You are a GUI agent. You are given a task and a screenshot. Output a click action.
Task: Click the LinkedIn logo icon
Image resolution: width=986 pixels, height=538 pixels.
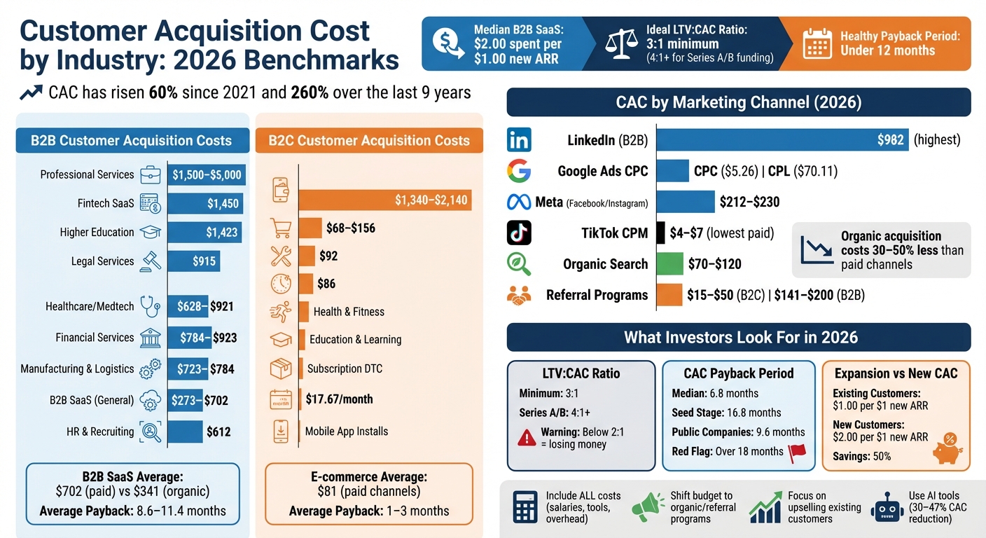tap(519, 140)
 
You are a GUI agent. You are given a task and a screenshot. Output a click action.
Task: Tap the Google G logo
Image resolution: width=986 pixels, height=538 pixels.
tap(519, 171)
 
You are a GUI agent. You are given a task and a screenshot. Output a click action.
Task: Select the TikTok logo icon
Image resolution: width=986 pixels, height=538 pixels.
tap(519, 233)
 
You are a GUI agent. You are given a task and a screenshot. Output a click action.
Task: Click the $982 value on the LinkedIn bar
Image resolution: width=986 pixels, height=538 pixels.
tap(890, 140)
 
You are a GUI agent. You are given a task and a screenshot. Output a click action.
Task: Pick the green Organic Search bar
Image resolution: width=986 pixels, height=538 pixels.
tap(669, 264)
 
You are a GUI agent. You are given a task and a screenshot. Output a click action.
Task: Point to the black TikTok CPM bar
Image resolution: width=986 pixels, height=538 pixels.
tap(660, 233)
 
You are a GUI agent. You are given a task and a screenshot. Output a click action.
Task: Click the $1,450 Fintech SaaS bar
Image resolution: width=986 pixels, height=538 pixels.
tap(204, 204)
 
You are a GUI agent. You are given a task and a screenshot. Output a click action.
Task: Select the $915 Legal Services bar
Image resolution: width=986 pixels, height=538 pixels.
tap(193, 261)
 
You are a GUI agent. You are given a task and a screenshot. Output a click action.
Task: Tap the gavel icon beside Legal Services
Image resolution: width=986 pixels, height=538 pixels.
tap(151, 261)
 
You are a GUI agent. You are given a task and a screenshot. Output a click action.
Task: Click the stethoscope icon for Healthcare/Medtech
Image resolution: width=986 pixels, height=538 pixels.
tap(151, 306)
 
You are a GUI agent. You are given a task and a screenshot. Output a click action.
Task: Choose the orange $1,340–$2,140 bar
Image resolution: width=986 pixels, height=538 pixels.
tap(385, 201)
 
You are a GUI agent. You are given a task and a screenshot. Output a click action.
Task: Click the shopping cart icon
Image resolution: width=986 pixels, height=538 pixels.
tap(281, 228)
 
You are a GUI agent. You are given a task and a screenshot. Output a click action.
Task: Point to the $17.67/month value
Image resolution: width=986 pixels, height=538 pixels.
tap(339, 399)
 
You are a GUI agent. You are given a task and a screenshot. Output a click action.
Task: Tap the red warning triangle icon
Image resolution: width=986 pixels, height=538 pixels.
tap(527, 437)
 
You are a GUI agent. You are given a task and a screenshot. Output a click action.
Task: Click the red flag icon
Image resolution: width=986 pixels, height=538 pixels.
tap(797, 453)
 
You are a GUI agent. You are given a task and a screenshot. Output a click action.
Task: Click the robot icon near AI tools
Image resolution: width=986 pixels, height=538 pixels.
tap(887, 506)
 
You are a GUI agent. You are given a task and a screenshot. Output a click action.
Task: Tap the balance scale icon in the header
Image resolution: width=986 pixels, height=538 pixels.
tap(620, 43)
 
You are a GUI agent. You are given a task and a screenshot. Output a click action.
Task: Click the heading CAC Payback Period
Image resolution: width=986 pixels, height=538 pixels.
tap(738, 373)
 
